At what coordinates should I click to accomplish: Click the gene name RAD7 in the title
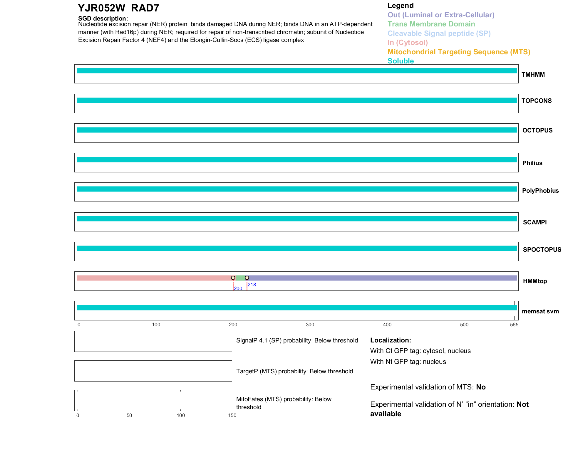(145, 8)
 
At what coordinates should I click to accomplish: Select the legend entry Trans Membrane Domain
(431, 24)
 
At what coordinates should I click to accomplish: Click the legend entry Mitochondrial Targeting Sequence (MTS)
(459, 52)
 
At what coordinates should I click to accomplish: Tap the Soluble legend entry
(401, 61)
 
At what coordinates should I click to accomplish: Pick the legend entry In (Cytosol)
(408, 43)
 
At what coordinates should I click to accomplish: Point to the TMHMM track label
(533, 75)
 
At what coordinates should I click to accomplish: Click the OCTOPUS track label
(537, 130)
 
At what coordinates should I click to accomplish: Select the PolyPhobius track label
(540, 191)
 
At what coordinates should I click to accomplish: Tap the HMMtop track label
(535, 281)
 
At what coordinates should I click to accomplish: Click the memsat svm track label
(540, 311)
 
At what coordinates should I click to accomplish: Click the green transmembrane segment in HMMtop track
(240, 278)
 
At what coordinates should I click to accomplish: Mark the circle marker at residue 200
(233, 278)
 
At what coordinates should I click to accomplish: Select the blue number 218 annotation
(252, 285)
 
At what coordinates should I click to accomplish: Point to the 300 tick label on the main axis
(310, 325)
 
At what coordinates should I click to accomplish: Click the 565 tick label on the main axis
(514, 325)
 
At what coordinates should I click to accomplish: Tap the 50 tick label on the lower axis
(129, 415)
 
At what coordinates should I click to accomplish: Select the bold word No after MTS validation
(481, 387)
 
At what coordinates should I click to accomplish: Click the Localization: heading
(391, 340)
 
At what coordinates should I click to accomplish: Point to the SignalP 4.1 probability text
(297, 340)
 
